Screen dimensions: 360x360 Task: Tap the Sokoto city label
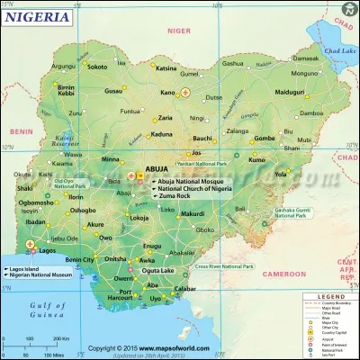point(98,67)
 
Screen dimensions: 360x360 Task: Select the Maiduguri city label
point(291,93)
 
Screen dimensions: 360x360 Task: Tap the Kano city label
point(167,93)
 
